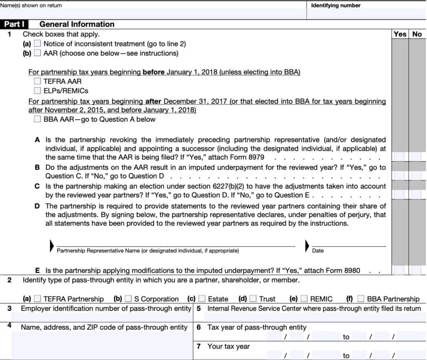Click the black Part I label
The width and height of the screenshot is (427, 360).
14,24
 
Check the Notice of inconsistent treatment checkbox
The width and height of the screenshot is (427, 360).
38,43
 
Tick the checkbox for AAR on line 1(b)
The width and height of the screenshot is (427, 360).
38,53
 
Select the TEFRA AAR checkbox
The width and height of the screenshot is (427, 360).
38,81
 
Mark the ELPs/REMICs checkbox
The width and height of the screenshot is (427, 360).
38,91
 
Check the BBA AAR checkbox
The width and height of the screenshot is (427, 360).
38,119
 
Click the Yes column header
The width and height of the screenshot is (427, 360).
400,34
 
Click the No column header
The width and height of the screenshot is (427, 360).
417,34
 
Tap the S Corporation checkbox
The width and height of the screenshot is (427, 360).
128,299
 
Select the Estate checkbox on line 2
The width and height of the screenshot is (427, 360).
202,299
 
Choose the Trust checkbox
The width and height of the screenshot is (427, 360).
253,299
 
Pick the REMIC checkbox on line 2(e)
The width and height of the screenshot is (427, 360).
304,299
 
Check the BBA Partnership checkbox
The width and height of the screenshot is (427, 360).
361,299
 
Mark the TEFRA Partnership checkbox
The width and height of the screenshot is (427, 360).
38,299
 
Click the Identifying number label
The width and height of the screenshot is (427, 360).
336,5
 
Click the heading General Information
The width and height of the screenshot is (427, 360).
77,24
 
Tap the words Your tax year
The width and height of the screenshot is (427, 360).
229,346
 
